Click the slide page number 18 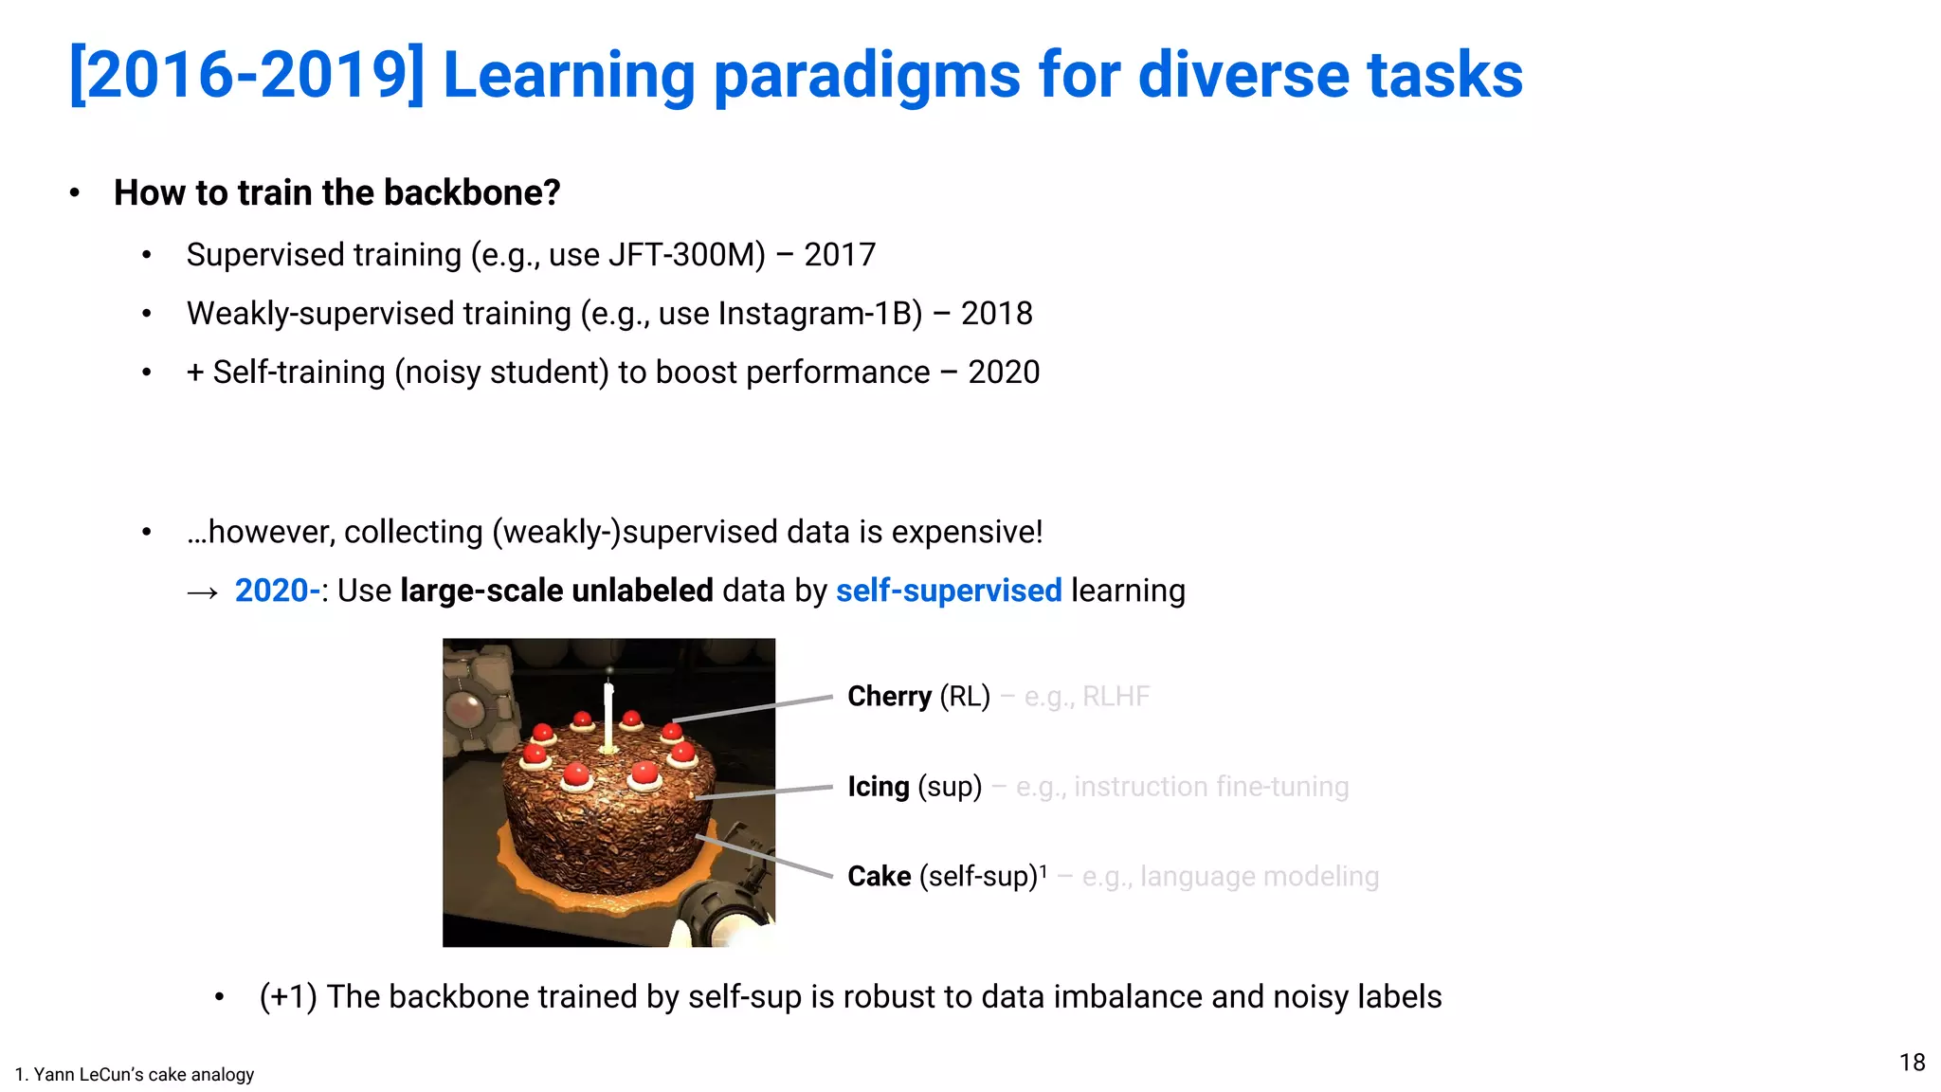click(x=1912, y=1063)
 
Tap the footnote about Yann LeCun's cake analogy click(x=135, y=1074)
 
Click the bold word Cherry click(x=889, y=697)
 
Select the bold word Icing click(x=878, y=787)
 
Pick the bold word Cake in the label click(x=879, y=877)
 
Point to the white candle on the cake click(x=608, y=716)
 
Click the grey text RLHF click(x=1116, y=697)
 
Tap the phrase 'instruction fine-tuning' click(x=1210, y=787)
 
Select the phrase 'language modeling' click(x=1259, y=877)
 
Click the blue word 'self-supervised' click(x=948, y=591)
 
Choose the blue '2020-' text click(x=277, y=591)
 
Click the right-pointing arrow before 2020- click(x=203, y=593)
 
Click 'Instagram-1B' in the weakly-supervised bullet click(x=820, y=314)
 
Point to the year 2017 click(x=840, y=255)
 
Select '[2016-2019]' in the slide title click(x=246, y=76)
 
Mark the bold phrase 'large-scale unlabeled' click(x=556, y=591)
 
